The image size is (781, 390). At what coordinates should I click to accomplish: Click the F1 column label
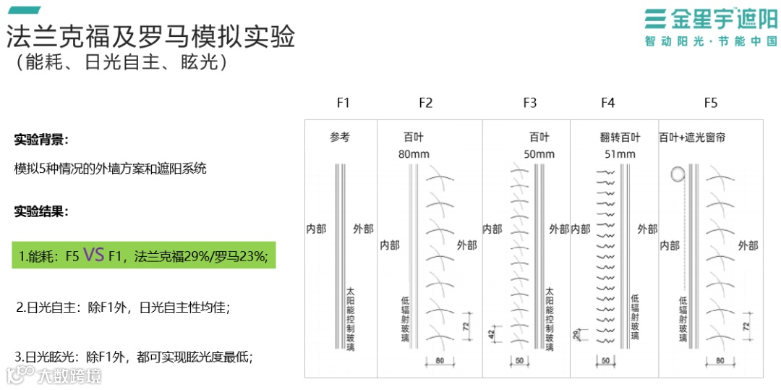343,103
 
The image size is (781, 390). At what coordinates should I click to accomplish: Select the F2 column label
425,103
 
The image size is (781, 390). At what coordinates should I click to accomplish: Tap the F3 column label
529,103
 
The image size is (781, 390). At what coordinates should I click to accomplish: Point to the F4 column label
607,103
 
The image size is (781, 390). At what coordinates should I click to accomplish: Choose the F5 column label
710,103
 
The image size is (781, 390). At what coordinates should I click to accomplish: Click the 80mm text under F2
414,154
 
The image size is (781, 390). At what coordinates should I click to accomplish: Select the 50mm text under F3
539,154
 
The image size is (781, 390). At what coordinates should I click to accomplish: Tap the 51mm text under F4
620,154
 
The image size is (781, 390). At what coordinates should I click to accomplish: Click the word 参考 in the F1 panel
340,137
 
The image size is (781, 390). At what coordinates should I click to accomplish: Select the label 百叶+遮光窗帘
702,137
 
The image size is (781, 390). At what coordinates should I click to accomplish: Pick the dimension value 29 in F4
576,334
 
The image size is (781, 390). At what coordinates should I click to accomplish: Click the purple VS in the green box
94,255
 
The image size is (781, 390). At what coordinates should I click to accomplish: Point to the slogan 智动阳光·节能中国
710,42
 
